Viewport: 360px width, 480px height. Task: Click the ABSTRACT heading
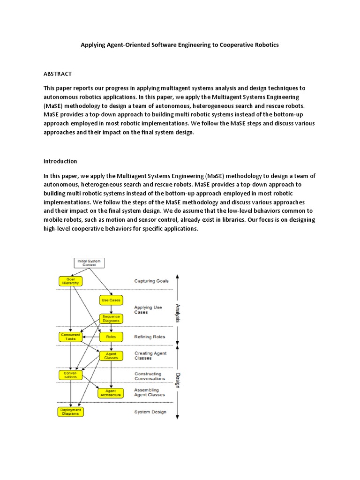point(58,74)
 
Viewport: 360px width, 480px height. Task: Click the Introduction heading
point(60,161)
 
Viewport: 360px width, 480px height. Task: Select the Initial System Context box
point(90,262)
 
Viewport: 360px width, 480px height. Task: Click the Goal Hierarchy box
point(70,281)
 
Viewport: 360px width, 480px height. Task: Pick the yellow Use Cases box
point(111,299)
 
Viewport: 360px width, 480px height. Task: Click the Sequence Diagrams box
point(111,319)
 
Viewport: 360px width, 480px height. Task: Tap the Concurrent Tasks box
point(70,337)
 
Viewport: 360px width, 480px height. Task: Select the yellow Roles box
point(111,337)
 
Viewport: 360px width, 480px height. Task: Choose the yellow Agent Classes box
point(111,356)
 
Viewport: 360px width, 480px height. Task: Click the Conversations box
point(70,375)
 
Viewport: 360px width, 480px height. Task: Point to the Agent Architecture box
point(111,393)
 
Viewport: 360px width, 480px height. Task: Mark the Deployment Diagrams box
point(70,412)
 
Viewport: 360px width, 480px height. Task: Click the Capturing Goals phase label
point(151,281)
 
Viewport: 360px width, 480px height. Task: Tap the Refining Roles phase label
point(150,336)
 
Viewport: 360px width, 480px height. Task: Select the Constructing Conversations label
point(148,376)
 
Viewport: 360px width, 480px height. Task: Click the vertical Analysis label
point(178,313)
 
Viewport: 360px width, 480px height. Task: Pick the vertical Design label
point(178,380)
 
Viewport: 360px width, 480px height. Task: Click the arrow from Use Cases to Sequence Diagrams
point(111,309)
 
